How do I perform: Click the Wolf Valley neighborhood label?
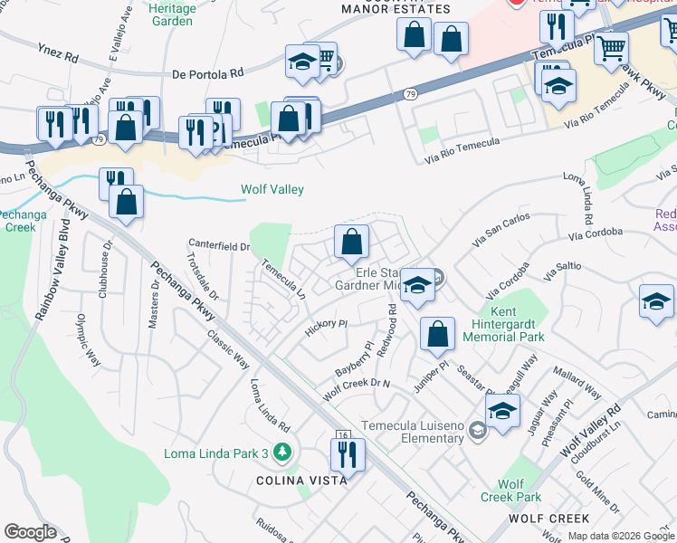point(272,190)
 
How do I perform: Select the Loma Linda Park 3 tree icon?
point(284,452)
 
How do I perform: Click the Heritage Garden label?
point(172,13)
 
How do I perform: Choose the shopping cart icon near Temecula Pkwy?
point(612,46)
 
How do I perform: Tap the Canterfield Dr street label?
point(218,245)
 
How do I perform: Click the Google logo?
point(29,532)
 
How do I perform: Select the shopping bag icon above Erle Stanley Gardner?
point(351,242)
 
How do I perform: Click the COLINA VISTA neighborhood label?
point(301,481)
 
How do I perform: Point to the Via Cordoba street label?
point(596,233)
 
